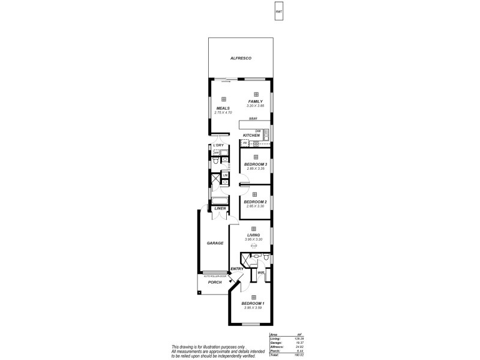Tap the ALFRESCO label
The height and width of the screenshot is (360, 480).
(x=240, y=58)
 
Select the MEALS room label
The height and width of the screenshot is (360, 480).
(x=223, y=109)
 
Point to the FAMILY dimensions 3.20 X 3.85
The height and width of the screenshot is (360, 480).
(x=255, y=106)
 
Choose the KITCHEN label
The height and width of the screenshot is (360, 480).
(x=251, y=136)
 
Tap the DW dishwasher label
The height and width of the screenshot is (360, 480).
(x=258, y=131)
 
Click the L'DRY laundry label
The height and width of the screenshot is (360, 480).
(x=218, y=146)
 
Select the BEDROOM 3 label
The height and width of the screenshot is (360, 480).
(x=255, y=164)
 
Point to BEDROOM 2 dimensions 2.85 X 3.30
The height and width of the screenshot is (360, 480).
(x=255, y=206)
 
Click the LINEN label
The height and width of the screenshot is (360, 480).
(x=220, y=208)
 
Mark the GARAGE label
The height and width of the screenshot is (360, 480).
(x=215, y=243)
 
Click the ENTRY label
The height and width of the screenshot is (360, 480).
(x=236, y=269)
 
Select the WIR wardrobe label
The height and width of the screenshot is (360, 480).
(x=261, y=273)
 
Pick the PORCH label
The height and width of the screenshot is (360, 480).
(x=215, y=282)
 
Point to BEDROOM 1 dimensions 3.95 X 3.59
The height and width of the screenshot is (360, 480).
(x=253, y=308)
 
